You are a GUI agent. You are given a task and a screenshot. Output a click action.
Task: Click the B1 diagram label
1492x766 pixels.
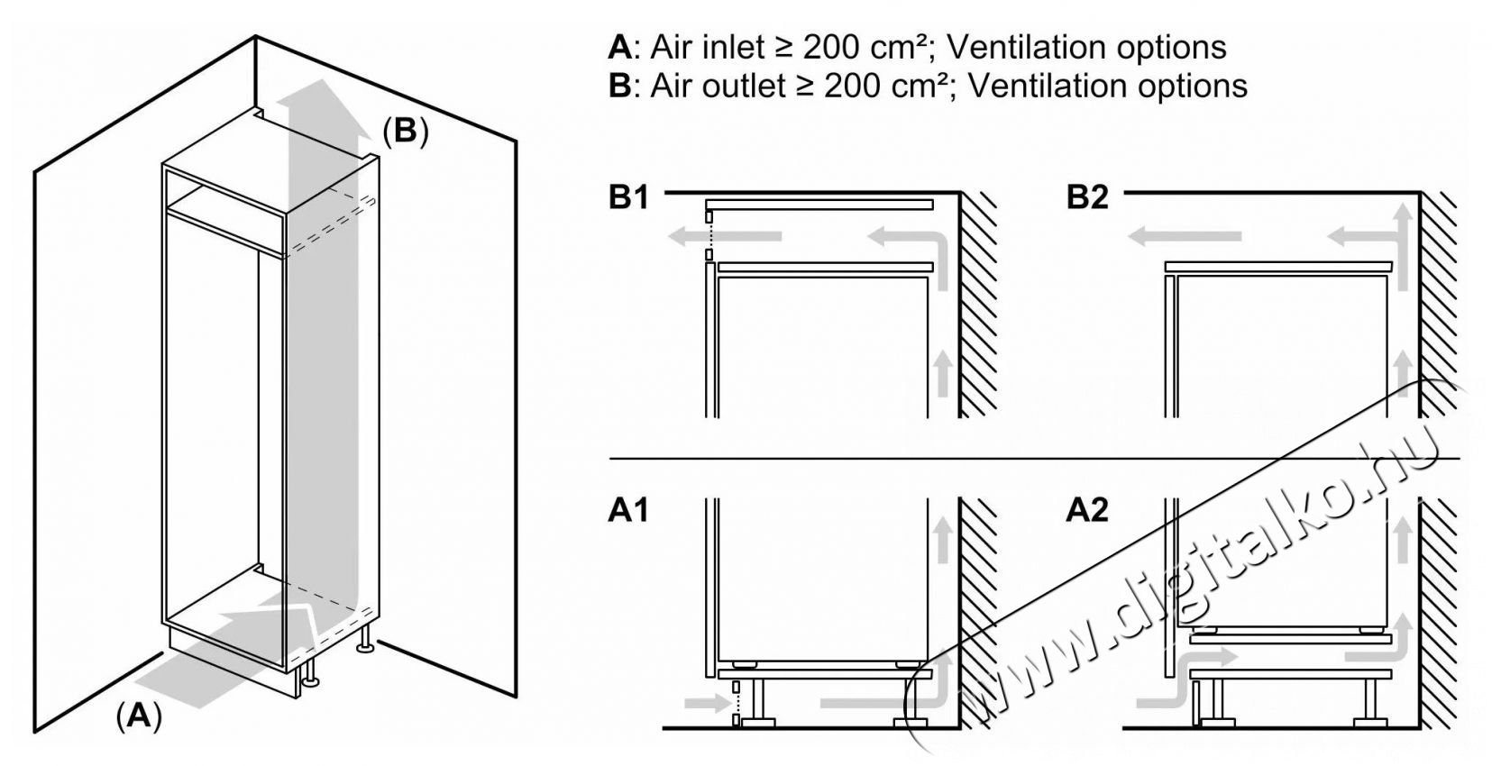[x=628, y=197]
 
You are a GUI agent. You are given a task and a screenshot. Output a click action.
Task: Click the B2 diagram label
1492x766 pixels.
[x=1086, y=197]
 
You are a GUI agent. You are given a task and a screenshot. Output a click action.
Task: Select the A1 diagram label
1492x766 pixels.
[x=628, y=511]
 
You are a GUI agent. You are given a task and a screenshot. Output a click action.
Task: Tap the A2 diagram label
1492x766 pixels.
[x=1086, y=511]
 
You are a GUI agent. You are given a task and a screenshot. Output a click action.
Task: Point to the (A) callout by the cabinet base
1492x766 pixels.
[x=138, y=716]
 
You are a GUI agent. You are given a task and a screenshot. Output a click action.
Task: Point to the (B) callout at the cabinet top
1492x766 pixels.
[x=404, y=132]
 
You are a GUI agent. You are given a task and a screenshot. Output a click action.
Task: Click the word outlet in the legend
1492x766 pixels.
[x=740, y=86]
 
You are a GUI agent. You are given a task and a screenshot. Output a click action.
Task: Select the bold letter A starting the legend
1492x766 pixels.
[x=620, y=47]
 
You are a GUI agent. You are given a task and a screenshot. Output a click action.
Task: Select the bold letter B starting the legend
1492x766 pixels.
[x=620, y=86]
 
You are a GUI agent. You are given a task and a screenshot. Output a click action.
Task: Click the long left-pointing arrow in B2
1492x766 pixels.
[x=1185, y=237]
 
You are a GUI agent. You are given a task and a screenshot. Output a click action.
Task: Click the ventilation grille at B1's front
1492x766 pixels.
[x=709, y=236]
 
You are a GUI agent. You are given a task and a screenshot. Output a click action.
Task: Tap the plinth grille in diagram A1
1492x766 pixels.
[x=736, y=704]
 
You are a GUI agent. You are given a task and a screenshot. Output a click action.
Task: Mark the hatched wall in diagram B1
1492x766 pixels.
[x=978, y=306]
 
